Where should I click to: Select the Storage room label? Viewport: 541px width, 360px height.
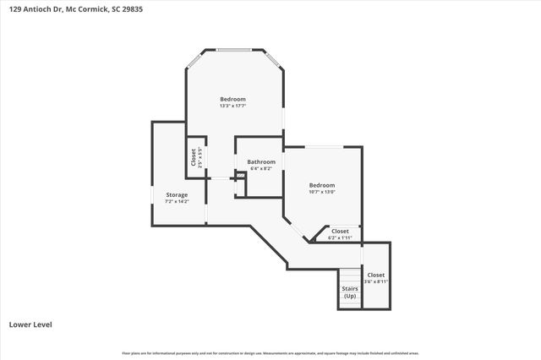(x=177, y=195)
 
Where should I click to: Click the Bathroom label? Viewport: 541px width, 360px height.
(x=261, y=161)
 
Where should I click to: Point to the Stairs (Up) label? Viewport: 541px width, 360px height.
(x=350, y=292)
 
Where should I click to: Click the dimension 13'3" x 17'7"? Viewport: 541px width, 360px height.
(x=233, y=106)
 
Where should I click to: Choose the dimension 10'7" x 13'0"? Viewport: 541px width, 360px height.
(x=321, y=192)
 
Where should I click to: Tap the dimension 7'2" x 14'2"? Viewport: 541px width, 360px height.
(x=177, y=201)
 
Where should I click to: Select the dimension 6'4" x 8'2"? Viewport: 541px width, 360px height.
(x=261, y=168)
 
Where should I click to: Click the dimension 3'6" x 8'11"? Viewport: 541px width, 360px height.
(x=376, y=281)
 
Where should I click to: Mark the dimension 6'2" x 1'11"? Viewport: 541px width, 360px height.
(x=340, y=237)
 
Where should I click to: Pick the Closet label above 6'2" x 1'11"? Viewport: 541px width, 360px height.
(x=340, y=231)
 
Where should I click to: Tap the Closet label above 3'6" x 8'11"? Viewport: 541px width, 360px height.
(x=376, y=275)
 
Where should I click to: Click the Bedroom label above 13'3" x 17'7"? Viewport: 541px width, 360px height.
(x=233, y=99)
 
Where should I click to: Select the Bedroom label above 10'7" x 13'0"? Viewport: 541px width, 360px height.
(x=321, y=185)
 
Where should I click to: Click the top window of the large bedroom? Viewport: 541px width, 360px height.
(x=234, y=49)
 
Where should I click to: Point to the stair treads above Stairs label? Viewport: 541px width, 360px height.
(x=350, y=275)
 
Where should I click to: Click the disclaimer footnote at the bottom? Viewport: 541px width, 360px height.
(x=270, y=353)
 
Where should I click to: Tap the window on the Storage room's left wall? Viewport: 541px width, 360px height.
(x=152, y=195)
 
